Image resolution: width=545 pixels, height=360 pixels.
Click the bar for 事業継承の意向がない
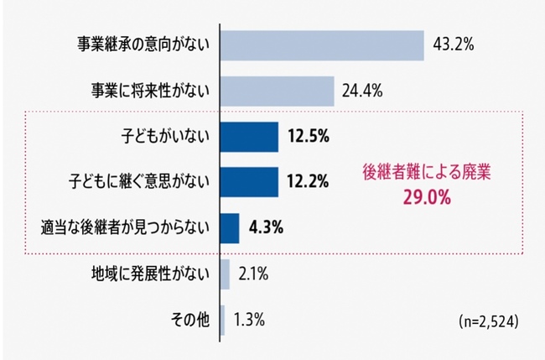[323, 45]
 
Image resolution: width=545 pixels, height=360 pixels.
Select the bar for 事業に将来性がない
[278, 91]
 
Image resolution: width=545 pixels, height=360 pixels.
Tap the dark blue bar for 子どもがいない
[250, 136]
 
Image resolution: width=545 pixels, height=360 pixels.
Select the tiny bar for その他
[223, 320]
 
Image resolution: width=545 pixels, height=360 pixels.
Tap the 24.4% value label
[362, 90]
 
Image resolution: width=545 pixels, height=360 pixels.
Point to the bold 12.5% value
[307, 136]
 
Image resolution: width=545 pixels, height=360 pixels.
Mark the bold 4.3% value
[265, 227]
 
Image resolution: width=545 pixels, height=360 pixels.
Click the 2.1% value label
[253, 274]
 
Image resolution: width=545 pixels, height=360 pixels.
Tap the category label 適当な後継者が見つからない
[125, 227]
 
